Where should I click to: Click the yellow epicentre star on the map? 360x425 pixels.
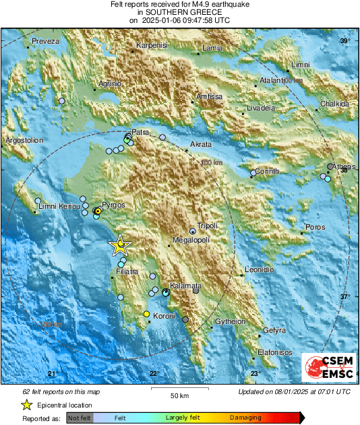(119, 246)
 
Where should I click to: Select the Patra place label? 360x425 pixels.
(140, 132)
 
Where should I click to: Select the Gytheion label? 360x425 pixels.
(231, 321)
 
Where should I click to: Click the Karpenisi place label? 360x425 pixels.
(151, 45)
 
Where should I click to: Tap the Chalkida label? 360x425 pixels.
(335, 104)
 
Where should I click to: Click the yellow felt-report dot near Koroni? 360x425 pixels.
(146, 315)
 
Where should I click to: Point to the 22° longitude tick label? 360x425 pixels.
(154, 374)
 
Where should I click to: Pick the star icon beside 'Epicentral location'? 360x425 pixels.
(26, 405)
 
